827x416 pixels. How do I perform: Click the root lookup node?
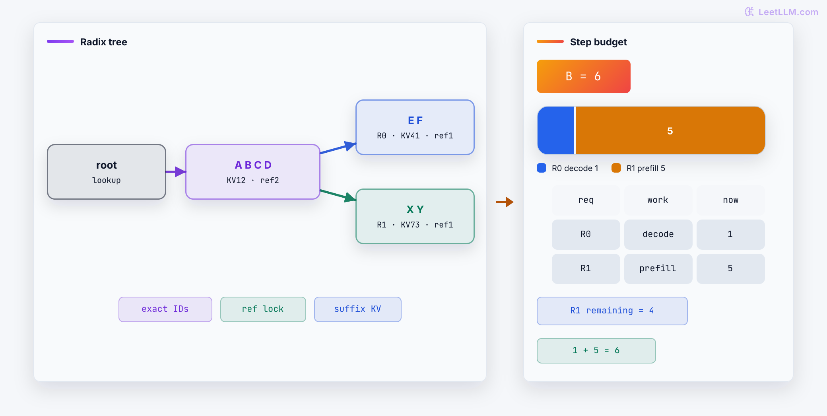pos(107,172)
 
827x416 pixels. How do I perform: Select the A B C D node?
pos(253,172)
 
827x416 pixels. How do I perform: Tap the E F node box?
pos(415,127)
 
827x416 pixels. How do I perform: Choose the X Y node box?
pos(415,216)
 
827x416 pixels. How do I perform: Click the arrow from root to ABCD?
pos(176,172)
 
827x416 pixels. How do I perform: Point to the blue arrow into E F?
pos(338,148)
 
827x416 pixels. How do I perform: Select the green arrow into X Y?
pos(338,195)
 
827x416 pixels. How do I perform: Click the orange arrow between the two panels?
pos(505,202)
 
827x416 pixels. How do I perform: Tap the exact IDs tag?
pos(165,309)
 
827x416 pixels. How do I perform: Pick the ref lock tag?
pos(263,309)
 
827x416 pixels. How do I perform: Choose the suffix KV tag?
pos(358,309)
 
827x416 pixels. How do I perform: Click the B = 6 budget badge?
pos(584,76)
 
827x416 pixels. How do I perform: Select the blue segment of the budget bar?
pos(556,130)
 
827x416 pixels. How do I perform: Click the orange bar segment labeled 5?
pos(670,130)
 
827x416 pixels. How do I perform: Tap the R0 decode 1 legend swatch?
pos(542,168)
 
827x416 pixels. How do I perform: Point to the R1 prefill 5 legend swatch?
pos(616,168)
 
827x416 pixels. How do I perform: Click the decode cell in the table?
pos(658,235)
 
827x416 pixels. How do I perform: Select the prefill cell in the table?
pos(658,269)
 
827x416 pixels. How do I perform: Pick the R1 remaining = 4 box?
pos(612,311)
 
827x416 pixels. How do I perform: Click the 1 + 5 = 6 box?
pos(596,351)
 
